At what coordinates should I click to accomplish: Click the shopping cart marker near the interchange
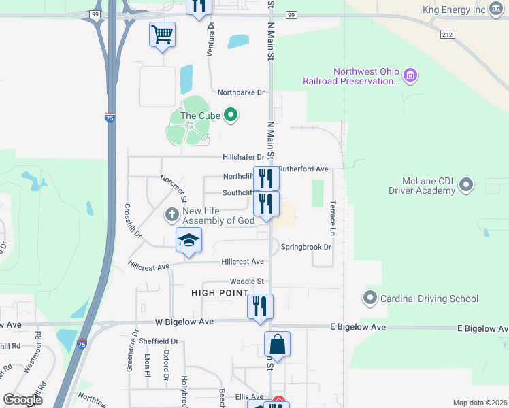[163, 33]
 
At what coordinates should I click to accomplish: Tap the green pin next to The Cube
[231, 116]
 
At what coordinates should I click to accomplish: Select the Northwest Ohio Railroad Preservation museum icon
[410, 75]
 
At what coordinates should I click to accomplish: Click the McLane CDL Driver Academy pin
[466, 184]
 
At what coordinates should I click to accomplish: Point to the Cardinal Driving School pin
[370, 298]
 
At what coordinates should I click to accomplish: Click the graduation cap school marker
[188, 240]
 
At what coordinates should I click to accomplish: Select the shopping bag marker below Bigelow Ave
[277, 343]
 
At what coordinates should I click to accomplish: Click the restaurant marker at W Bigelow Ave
[260, 306]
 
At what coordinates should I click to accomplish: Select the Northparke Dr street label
[241, 92]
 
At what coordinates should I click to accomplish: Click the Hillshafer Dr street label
[243, 157]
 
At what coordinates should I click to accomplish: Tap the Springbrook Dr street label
[306, 247]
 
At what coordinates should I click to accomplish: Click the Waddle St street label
[246, 281]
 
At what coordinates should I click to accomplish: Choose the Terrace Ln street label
[333, 214]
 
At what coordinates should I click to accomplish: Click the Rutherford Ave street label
[303, 169]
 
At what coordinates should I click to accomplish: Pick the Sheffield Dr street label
[160, 341]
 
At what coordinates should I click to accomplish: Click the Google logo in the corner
[22, 400]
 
